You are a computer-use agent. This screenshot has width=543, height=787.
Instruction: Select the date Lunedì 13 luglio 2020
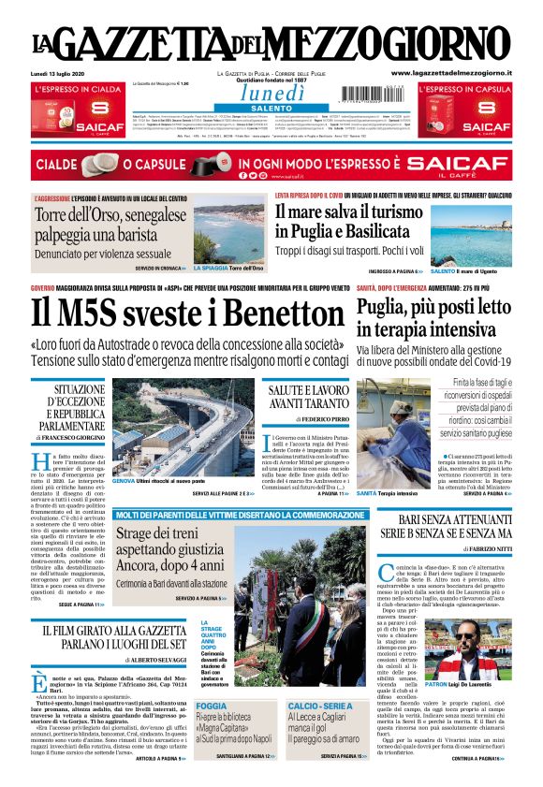[60, 73]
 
